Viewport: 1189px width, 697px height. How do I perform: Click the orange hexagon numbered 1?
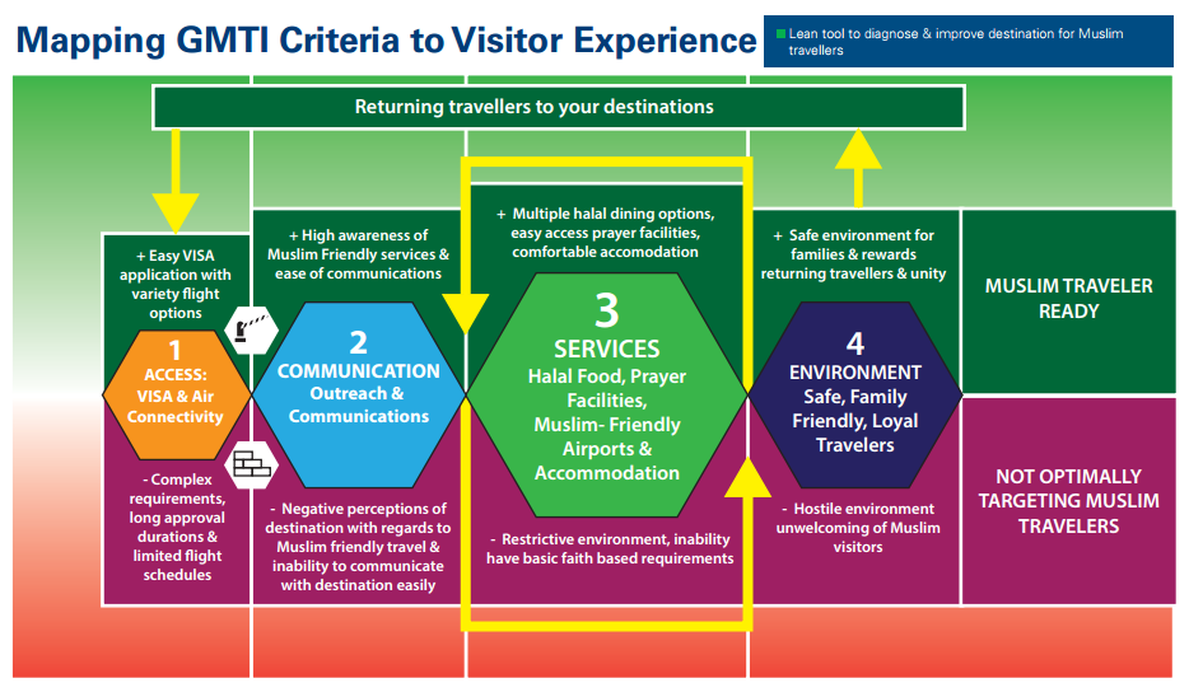pos(176,395)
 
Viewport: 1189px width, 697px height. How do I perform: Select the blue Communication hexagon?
pos(359,395)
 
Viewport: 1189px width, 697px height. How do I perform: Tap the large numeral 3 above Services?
pos(607,310)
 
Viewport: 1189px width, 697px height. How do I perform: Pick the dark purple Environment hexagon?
pos(855,395)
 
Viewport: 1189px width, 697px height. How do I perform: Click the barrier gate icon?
pos(251,330)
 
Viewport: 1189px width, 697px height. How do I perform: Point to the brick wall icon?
pos(251,464)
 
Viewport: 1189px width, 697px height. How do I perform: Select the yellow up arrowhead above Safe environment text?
pos(858,149)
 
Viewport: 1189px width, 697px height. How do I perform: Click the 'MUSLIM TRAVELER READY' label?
pos(1069,299)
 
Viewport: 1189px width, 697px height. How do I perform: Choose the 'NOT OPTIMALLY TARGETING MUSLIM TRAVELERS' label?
pos(1069,501)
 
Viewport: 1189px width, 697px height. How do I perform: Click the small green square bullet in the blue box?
pos(780,34)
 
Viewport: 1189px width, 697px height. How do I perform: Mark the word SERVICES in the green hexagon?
pos(607,349)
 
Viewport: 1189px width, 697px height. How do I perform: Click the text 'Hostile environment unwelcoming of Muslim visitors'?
pos(858,528)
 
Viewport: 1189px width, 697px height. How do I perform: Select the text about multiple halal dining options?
pos(605,233)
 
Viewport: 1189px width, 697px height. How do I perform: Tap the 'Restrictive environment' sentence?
pos(610,549)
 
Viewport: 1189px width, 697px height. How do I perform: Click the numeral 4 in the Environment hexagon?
pos(855,343)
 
